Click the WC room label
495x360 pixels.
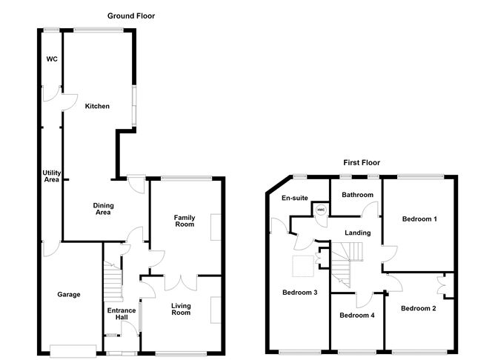pyautogui.click(x=52, y=59)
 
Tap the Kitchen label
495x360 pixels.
pyautogui.click(x=97, y=106)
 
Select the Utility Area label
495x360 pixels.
pyautogui.click(x=51, y=176)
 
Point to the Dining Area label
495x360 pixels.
pyautogui.click(x=103, y=209)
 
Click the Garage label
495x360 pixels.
pyautogui.click(x=69, y=294)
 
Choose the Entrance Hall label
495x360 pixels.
pyautogui.click(x=122, y=313)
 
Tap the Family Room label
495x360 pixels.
pyautogui.click(x=185, y=221)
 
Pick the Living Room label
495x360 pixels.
pyautogui.click(x=181, y=309)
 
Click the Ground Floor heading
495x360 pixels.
pyautogui.click(x=131, y=16)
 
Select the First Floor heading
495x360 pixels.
pyautogui.click(x=362, y=162)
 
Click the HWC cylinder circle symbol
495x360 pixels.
pyautogui.click(x=321, y=210)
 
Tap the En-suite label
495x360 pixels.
pyautogui.click(x=295, y=198)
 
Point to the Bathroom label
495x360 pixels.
pyautogui.click(x=358, y=195)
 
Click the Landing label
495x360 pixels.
pyautogui.click(x=358, y=233)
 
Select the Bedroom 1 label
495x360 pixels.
pyautogui.click(x=419, y=219)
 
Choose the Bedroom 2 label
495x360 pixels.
pyautogui.click(x=419, y=308)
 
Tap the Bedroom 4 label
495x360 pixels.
pyautogui.click(x=357, y=316)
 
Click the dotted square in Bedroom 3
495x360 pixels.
pyautogui.click(x=303, y=266)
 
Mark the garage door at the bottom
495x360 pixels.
pyautogui.click(x=73, y=351)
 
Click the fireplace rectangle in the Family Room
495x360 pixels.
pyautogui.click(x=216, y=227)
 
